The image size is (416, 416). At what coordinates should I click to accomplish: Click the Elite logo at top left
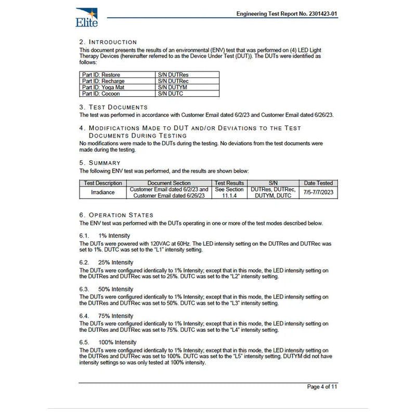pyautogui.click(x=86, y=17)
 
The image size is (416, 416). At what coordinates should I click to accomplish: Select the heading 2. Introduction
pyautogui.click(x=108, y=42)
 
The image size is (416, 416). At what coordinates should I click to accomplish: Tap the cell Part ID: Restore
pyautogui.click(x=101, y=75)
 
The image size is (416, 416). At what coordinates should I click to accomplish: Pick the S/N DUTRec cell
pyautogui.click(x=173, y=81)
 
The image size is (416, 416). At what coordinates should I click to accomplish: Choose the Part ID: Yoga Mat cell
pyautogui.click(x=103, y=87)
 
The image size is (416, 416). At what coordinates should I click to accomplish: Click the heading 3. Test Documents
pyautogui.click(x=113, y=107)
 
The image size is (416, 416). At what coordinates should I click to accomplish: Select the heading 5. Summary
pyautogui.click(x=100, y=163)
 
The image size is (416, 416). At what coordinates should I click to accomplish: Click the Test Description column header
pyautogui.click(x=103, y=183)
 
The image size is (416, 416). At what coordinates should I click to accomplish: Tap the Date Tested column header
pyautogui.click(x=317, y=183)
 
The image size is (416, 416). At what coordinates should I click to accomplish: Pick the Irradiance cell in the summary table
pyautogui.click(x=103, y=192)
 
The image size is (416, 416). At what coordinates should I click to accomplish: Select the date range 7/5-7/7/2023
pyautogui.click(x=317, y=192)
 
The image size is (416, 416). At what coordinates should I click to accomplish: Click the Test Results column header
pyautogui.click(x=229, y=183)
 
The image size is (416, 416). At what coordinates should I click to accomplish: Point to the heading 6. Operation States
pyautogui.click(x=116, y=215)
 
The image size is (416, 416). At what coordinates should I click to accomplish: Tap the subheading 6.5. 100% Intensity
pyautogui.click(x=108, y=342)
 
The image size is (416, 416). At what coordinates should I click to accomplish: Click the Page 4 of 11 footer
pyautogui.click(x=322, y=387)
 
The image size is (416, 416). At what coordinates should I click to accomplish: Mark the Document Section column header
pyautogui.click(x=169, y=183)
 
